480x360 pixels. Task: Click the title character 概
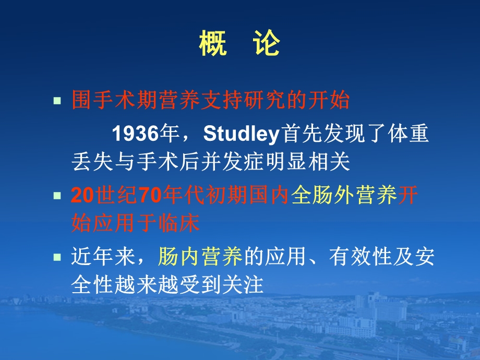(212, 45)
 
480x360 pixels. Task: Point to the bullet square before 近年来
(58, 257)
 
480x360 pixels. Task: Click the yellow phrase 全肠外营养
(344, 196)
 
